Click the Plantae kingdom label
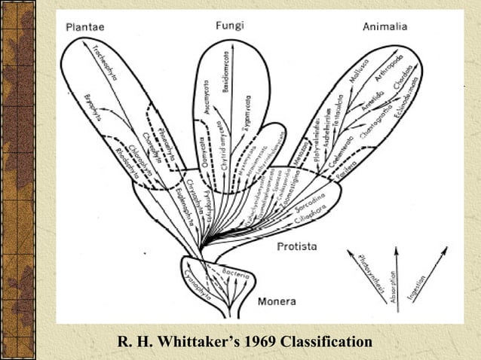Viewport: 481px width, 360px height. pyautogui.click(x=84, y=27)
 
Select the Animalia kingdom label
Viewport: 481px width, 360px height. pyautogui.click(x=384, y=27)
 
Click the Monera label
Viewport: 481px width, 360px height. pyautogui.click(x=276, y=302)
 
